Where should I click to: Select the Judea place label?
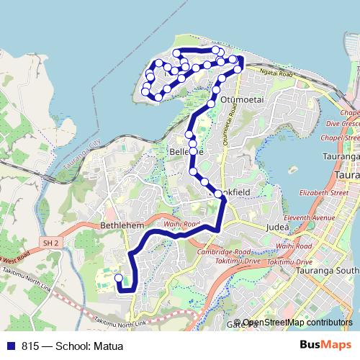click(278, 227)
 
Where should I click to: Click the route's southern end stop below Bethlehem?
click(119, 277)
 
